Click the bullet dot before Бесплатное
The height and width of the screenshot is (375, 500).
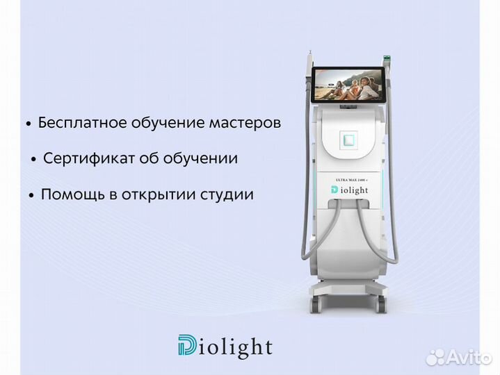tap(29, 124)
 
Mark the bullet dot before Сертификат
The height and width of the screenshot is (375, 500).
tap(33, 160)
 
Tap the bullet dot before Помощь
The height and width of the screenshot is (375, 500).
tap(31, 196)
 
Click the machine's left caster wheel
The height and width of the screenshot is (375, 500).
tap(316, 303)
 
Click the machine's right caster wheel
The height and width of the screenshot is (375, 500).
tap(380, 303)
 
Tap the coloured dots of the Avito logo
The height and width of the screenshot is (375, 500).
tap(435, 357)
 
